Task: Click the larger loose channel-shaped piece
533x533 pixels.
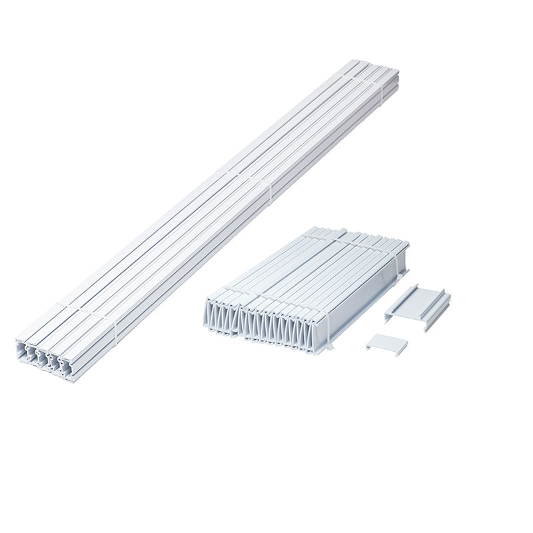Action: coord(416,304)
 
